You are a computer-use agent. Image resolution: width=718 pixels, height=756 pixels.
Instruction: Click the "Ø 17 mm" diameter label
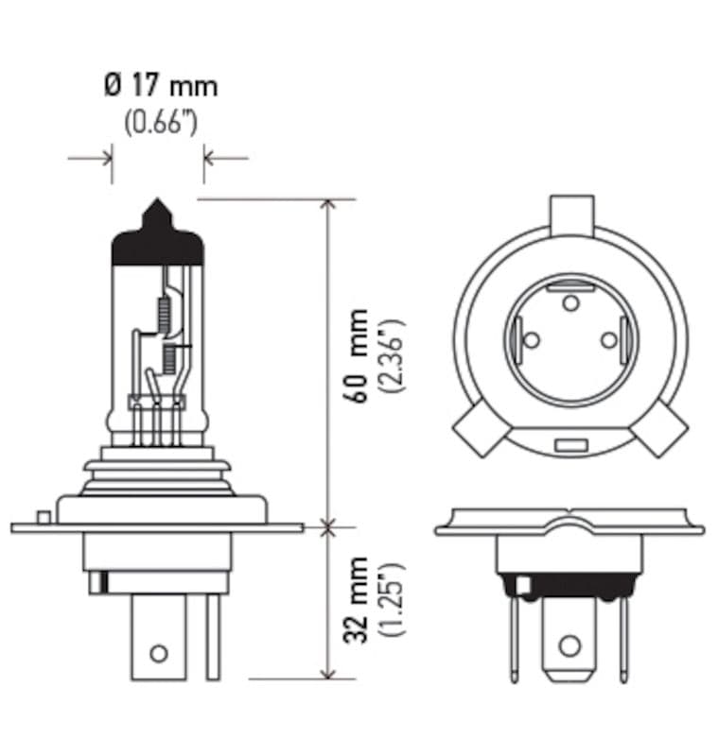pyautogui.click(x=160, y=86)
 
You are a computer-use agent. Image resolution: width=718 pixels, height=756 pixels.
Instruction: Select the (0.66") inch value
pyautogui.click(x=160, y=123)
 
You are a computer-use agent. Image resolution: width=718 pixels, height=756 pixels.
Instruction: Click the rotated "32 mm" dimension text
pyautogui.click(x=359, y=601)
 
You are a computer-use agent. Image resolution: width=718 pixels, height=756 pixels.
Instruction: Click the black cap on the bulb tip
pyautogui.click(x=158, y=241)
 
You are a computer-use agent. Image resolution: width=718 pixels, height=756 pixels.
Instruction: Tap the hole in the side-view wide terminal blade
pyautogui.click(x=159, y=652)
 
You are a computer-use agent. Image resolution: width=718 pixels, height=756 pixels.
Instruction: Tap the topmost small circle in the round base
pyautogui.click(x=569, y=302)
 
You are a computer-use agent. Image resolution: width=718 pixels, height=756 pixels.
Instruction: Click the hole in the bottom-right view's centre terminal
pyautogui.click(x=569, y=646)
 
